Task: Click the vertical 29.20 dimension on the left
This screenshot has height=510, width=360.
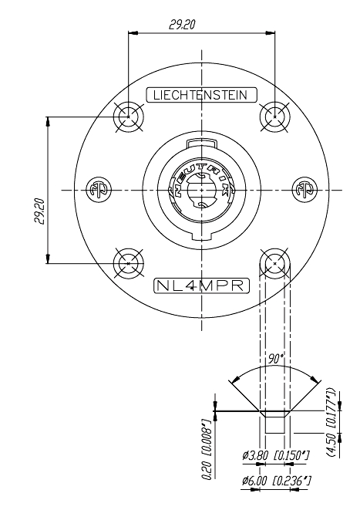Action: (39, 211)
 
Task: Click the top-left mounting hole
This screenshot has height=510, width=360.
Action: (128, 117)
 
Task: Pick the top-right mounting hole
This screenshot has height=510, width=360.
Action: (274, 117)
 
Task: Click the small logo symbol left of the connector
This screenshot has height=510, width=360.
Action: (96, 190)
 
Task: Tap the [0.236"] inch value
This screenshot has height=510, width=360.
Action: (294, 481)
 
